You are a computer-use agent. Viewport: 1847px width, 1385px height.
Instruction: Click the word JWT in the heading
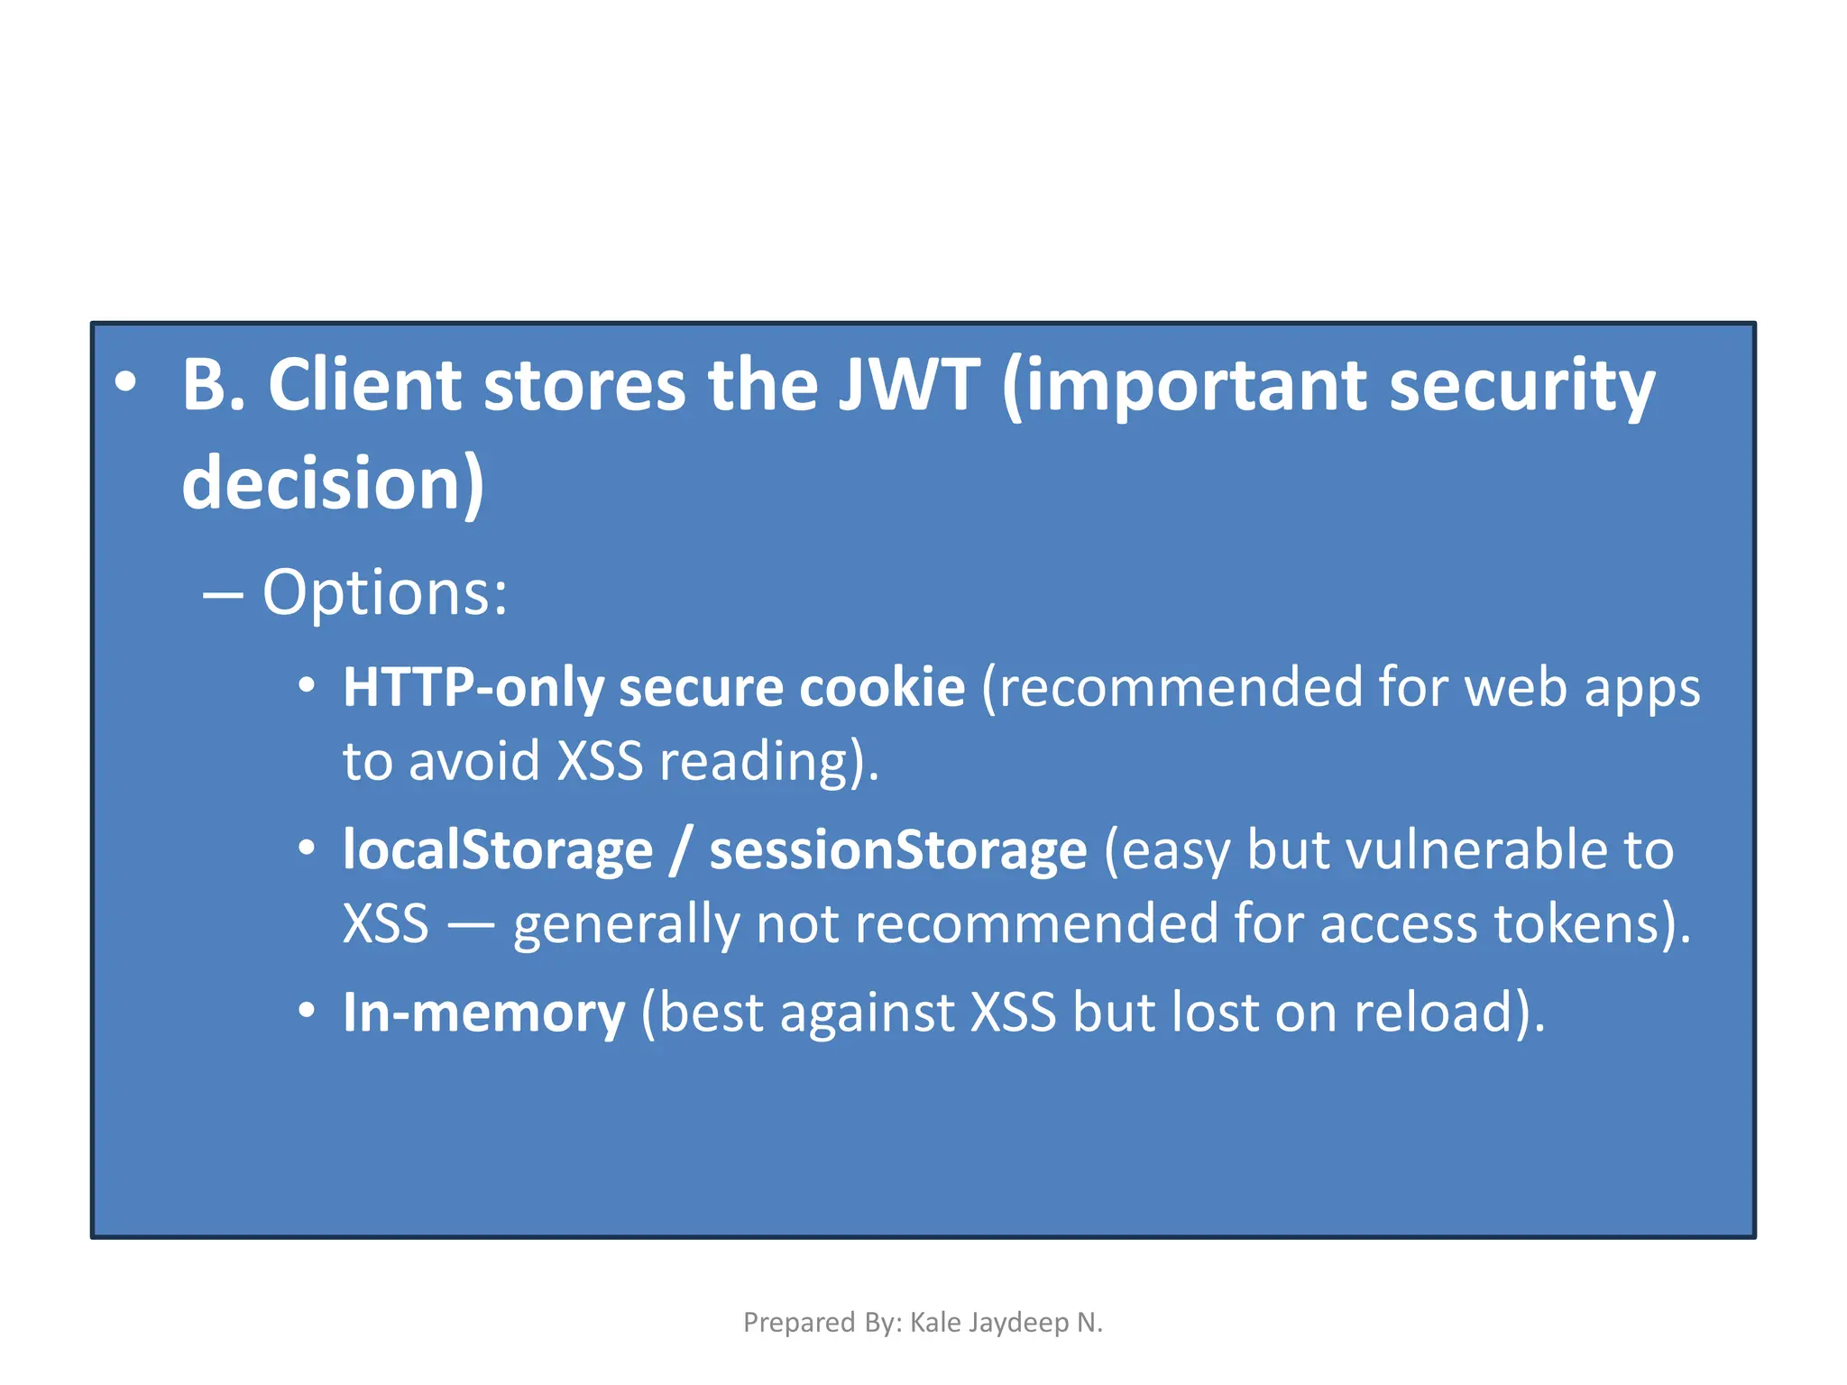click(x=908, y=386)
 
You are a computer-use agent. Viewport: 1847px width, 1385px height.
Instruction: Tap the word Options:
click(x=385, y=593)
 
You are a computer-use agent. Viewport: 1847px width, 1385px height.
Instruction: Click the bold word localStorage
click(x=498, y=850)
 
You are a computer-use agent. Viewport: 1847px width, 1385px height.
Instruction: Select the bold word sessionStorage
click(x=898, y=850)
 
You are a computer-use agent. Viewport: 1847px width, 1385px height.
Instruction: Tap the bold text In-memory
click(x=483, y=1013)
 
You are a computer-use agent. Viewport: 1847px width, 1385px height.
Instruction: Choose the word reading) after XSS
click(x=769, y=762)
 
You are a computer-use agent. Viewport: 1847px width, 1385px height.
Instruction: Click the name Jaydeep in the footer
click(x=1025, y=1323)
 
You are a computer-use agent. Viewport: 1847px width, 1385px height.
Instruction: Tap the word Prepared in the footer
click(x=786, y=1323)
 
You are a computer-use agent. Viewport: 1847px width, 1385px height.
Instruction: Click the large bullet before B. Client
click(x=125, y=382)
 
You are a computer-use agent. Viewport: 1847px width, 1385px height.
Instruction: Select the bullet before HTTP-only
click(x=307, y=686)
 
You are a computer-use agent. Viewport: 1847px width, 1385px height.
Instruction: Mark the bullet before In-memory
click(x=307, y=1011)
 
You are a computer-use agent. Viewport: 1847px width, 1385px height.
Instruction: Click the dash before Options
click(x=223, y=595)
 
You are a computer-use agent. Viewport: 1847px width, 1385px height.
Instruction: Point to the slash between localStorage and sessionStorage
click(x=682, y=850)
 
